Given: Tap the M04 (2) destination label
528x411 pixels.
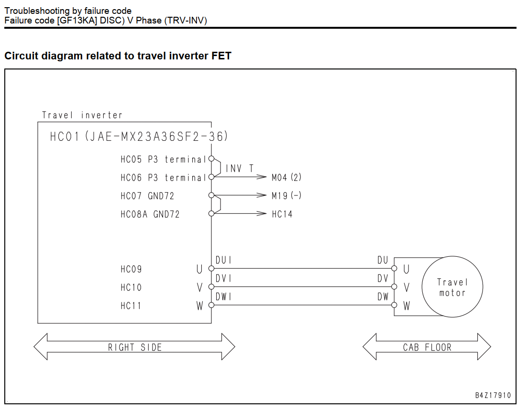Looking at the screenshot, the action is (x=286, y=177).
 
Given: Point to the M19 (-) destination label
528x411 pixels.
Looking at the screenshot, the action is (x=286, y=195).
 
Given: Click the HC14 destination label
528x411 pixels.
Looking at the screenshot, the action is (x=282, y=214).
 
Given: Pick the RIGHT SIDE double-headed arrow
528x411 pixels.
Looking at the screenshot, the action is (x=134, y=347).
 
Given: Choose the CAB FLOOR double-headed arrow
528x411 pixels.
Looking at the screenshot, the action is (x=427, y=347).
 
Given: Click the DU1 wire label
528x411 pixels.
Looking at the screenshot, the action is (x=223, y=260).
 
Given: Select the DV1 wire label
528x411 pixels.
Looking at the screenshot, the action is (x=223, y=278).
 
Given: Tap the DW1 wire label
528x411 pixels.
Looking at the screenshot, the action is (x=223, y=297).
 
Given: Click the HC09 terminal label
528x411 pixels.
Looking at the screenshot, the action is (x=131, y=269).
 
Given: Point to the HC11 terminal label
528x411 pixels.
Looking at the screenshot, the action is (x=131, y=306).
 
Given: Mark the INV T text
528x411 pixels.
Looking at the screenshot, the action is (x=240, y=168).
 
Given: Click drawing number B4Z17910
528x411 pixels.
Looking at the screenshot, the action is (x=493, y=395).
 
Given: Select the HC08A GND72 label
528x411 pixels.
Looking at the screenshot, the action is (x=150, y=214).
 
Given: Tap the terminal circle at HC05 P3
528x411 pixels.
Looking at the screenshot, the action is (x=211, y=159).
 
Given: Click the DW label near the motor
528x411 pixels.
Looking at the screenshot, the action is (x=383, y=297).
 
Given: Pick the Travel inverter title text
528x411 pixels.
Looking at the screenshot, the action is (x=82, y=115).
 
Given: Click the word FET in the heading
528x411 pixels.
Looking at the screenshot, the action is (x=221, y=56).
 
